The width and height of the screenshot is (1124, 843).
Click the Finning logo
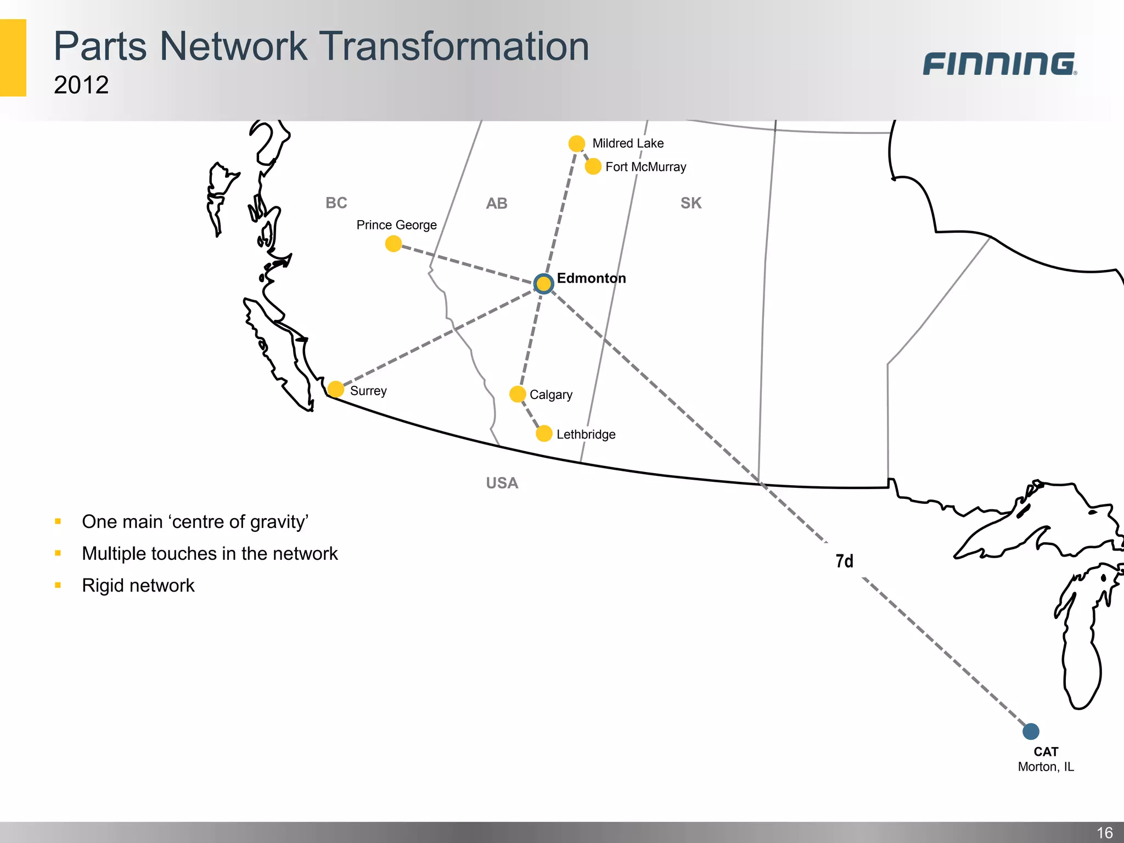[999, 64]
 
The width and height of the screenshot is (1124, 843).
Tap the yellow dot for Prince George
[394, 244]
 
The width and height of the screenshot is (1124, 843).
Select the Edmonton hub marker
[543, 284]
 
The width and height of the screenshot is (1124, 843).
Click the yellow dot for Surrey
[335, 389]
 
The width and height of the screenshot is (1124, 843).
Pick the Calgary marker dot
[517, 394]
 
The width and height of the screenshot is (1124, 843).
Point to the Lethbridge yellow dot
[543, 434]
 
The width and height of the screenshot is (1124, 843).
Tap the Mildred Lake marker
[576, 144]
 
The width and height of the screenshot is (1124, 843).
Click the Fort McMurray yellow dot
[593, 166]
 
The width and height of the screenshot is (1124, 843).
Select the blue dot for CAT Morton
[1031, 731]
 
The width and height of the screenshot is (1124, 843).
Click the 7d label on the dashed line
[844, 561]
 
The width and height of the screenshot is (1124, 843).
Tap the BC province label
[336, 203]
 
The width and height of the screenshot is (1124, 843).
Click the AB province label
[497, 204]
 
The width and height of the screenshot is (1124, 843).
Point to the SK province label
[691, 203]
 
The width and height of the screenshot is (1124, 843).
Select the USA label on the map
[502, 483]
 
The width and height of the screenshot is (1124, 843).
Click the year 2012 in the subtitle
[81, 85]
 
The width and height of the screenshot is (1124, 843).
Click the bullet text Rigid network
[138, 586]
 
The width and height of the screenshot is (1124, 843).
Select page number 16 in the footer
[1104, 833]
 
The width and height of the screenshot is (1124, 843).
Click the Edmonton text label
[591, 278]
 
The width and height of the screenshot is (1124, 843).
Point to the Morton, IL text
[1046, 767]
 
